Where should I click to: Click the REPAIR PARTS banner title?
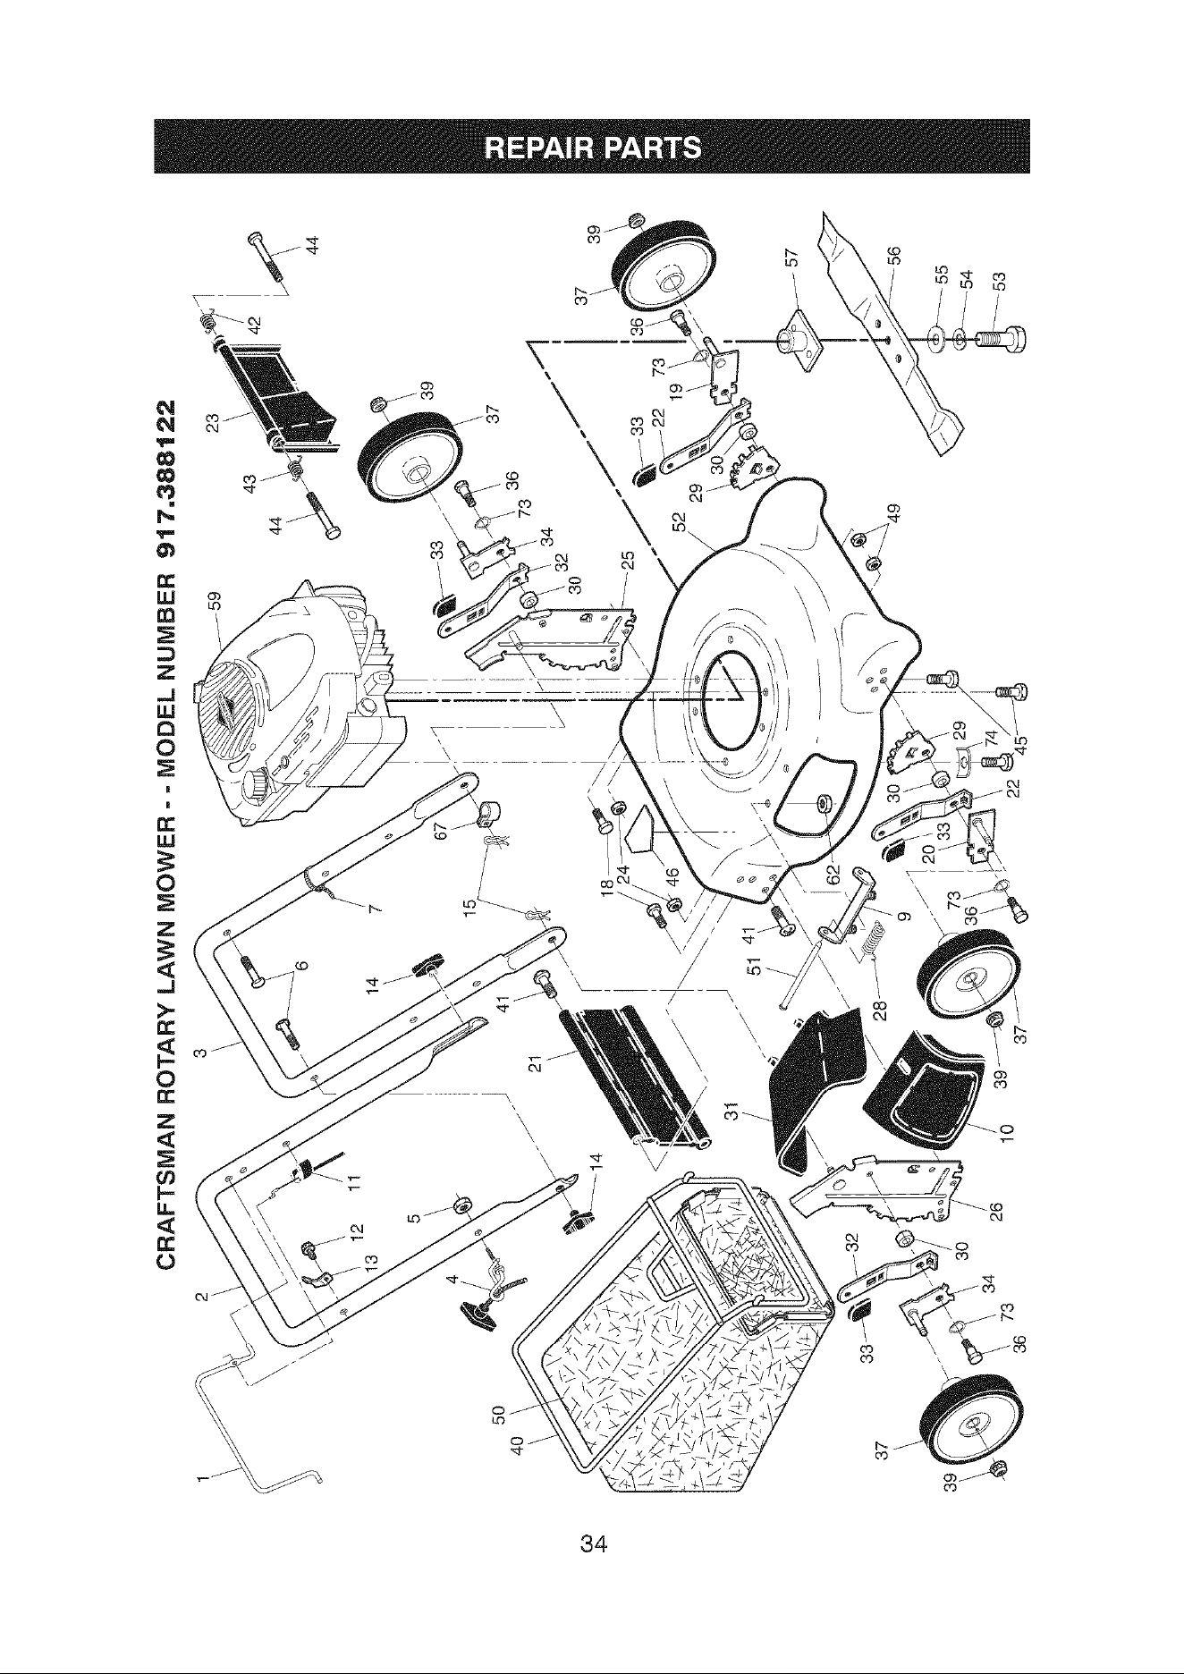(591, 146)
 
